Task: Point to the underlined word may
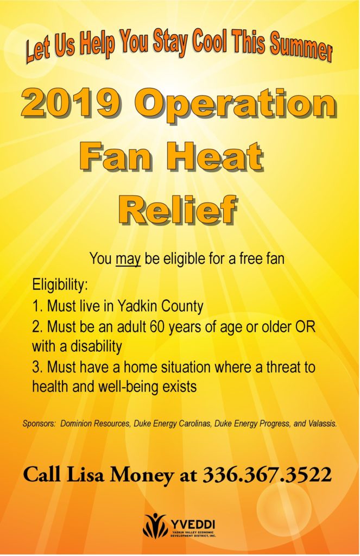point(128,259)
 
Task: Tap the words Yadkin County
point(160,306)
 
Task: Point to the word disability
point(96,346)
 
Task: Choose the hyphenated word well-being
point(122,387)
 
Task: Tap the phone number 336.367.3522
point(267,475)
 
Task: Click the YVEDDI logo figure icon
point(156,525)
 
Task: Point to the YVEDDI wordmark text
point(193,524)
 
